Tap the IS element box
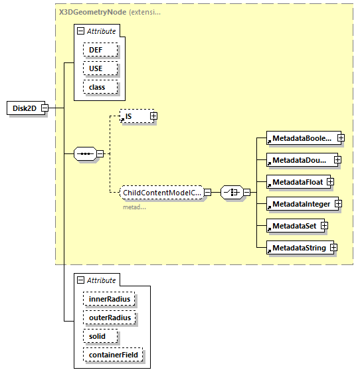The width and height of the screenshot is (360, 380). coord(134,116)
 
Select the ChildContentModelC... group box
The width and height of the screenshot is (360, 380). coord(161,193)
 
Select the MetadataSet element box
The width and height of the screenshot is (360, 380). coord(292,226)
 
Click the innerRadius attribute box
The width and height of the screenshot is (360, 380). coord(109,300)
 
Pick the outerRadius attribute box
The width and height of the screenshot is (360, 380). coord(110,318)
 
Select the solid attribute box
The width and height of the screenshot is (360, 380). coord(100,337)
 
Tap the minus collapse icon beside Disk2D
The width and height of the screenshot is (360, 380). coord(45,108)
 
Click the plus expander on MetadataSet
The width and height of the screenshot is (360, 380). coord(324,226)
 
